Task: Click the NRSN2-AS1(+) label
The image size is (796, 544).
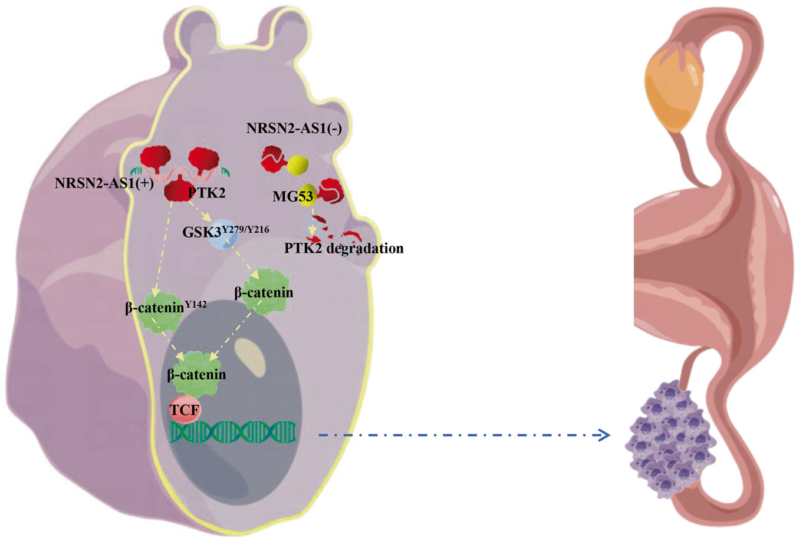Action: coord(104,183)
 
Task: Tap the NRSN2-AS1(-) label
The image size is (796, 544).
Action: coord(294,128)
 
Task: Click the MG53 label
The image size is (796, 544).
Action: coord(292,196)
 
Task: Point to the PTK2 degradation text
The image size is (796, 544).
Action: coord(344,248)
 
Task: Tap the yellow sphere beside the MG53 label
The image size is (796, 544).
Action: coord(309,195)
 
